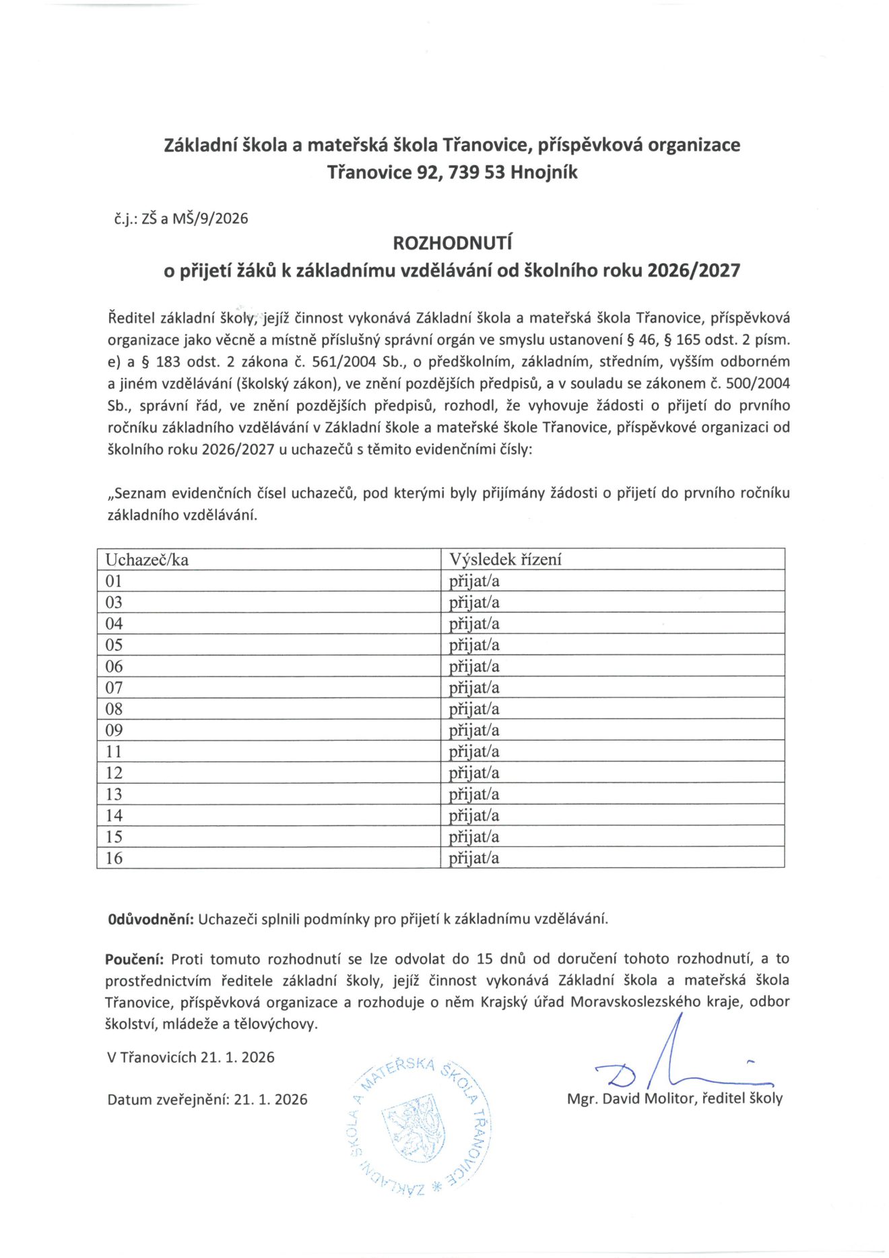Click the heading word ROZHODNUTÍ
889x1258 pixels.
pos(452,243)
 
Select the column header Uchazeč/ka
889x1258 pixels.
pos(147,559)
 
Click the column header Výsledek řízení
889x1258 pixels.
pos(505,559)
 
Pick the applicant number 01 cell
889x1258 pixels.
pos(114,581)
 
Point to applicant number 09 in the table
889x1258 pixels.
pos(114,730)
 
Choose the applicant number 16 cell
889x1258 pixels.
pos(114,858)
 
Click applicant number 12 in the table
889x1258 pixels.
pos(114,773)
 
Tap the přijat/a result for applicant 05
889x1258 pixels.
pos(474,645)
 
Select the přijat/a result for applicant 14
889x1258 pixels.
pos(474,815)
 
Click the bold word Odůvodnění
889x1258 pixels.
pos(151,919)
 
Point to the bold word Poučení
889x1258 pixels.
pos(134,959)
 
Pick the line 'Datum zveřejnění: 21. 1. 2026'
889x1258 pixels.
pos(207,1100)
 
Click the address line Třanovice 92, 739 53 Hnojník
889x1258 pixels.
pos(452,172)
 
